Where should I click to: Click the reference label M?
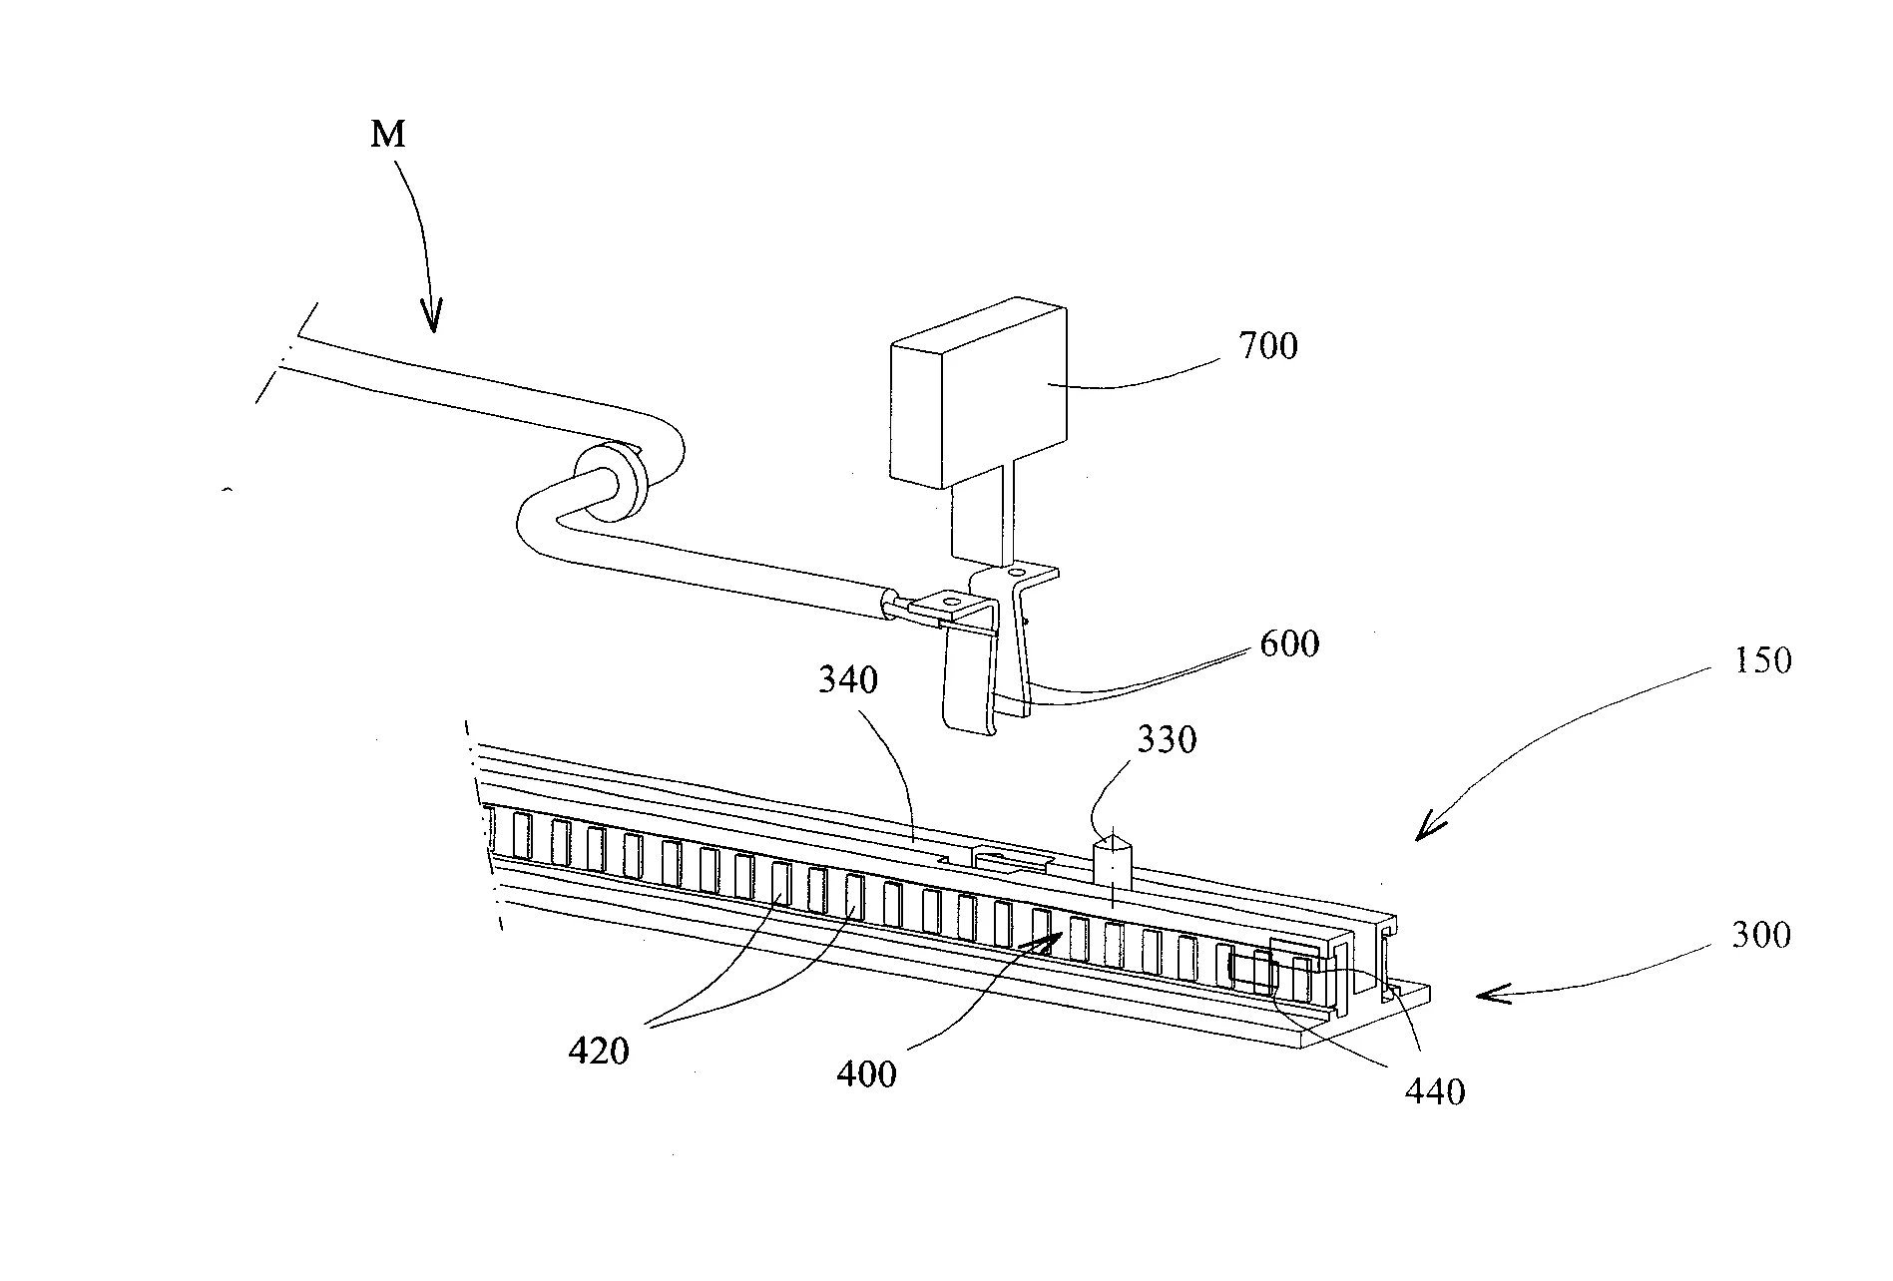coord(388,134)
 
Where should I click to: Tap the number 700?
coord(1267,347)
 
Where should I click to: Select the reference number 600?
coord(1289,643)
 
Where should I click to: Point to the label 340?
coord(848,680)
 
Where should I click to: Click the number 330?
coord(1167,740)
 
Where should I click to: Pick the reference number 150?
coord(1762,660)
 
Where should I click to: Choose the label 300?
coord(1761,935)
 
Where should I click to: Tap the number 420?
coord(599,1051)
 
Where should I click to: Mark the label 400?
coord(866,1074)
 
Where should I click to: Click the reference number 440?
coord(1435,1091)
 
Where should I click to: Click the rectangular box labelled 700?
coord(978,399)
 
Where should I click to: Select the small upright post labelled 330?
coord(1112,863)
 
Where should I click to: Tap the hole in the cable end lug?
coord(949,602)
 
